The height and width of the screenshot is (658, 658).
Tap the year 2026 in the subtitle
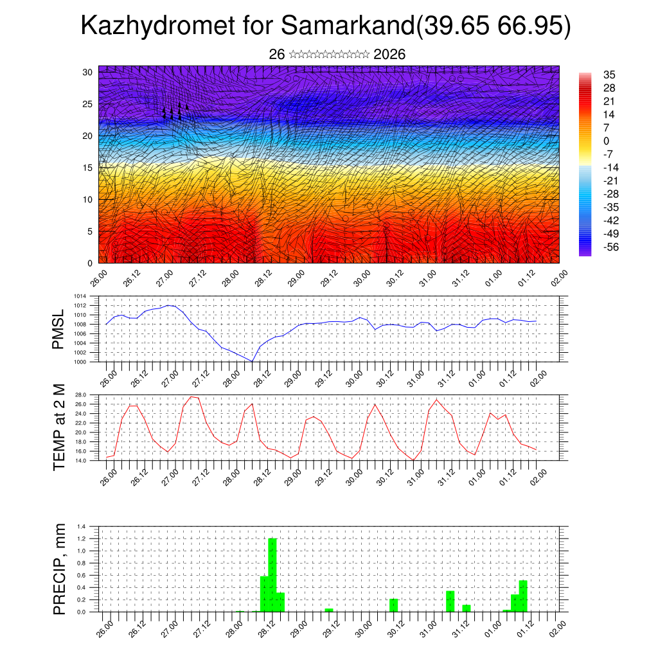click(389, 55)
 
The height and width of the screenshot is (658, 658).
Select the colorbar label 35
click(609, 75)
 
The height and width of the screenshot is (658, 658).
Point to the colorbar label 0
click(607, 141)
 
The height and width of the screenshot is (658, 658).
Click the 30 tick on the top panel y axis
click(87, 72)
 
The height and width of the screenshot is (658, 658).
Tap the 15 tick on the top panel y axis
click(87, 168)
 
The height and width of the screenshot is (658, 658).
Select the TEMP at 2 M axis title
click(59, 427)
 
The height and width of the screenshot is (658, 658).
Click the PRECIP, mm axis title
click(59, 569)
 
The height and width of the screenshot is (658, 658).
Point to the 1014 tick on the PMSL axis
click(80, 296)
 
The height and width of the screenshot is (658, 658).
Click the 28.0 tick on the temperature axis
click(82, 395)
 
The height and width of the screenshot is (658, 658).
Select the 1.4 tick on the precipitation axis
click(82, 526)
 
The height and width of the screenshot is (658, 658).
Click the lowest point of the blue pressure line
click(252, 361)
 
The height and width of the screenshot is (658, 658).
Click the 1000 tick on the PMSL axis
click(80, 362)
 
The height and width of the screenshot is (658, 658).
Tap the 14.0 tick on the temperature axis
click(82, 461)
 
